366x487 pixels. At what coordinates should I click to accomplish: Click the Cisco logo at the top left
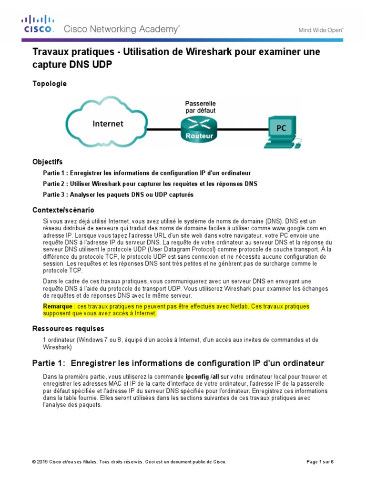coord(39,24)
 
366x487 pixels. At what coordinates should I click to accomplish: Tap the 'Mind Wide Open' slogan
coord(321,29)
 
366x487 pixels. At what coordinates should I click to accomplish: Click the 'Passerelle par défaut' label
coord(200,107)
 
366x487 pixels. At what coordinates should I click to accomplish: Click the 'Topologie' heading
coord(49,84)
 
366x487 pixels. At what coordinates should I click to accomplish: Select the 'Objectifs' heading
coord(47,162)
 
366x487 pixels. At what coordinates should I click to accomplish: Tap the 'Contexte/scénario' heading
coord(63,210)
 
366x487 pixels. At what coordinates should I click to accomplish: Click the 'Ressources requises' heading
coord(68,329)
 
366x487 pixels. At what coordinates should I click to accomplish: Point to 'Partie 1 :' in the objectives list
coord(56,173)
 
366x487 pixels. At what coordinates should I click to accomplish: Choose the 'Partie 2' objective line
coord(150,184)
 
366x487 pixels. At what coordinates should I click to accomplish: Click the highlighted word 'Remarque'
coord(57,306)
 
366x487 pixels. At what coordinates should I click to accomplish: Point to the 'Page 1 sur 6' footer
coord(319,462)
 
